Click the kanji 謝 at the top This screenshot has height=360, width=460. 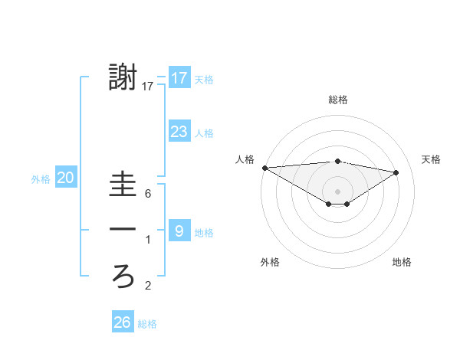pos(123,78)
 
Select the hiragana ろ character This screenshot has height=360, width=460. pos(123,277)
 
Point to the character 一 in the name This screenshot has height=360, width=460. pos(123,230)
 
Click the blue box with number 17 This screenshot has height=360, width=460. pos(179,77)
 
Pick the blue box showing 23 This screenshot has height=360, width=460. pos(179,132)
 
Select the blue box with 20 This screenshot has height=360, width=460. pos(66,178)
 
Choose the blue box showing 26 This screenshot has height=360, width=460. pos(123,322)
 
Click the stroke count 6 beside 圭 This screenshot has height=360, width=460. pos(148,194)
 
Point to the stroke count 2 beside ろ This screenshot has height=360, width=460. pos(148,286)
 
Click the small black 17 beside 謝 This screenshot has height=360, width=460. pos(148,87)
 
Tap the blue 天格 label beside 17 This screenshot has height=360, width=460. pos(205,78)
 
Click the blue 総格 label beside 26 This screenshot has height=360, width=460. pos(147,324)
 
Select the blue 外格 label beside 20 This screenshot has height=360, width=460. pos(41,179)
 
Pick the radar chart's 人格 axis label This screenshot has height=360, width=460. pos(245,159)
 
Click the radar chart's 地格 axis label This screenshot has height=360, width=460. pos(402,262)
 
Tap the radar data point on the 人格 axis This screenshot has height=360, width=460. pos(264,168)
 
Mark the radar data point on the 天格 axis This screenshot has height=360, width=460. pos(396,172)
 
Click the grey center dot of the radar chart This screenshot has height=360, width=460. pos(337,190)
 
